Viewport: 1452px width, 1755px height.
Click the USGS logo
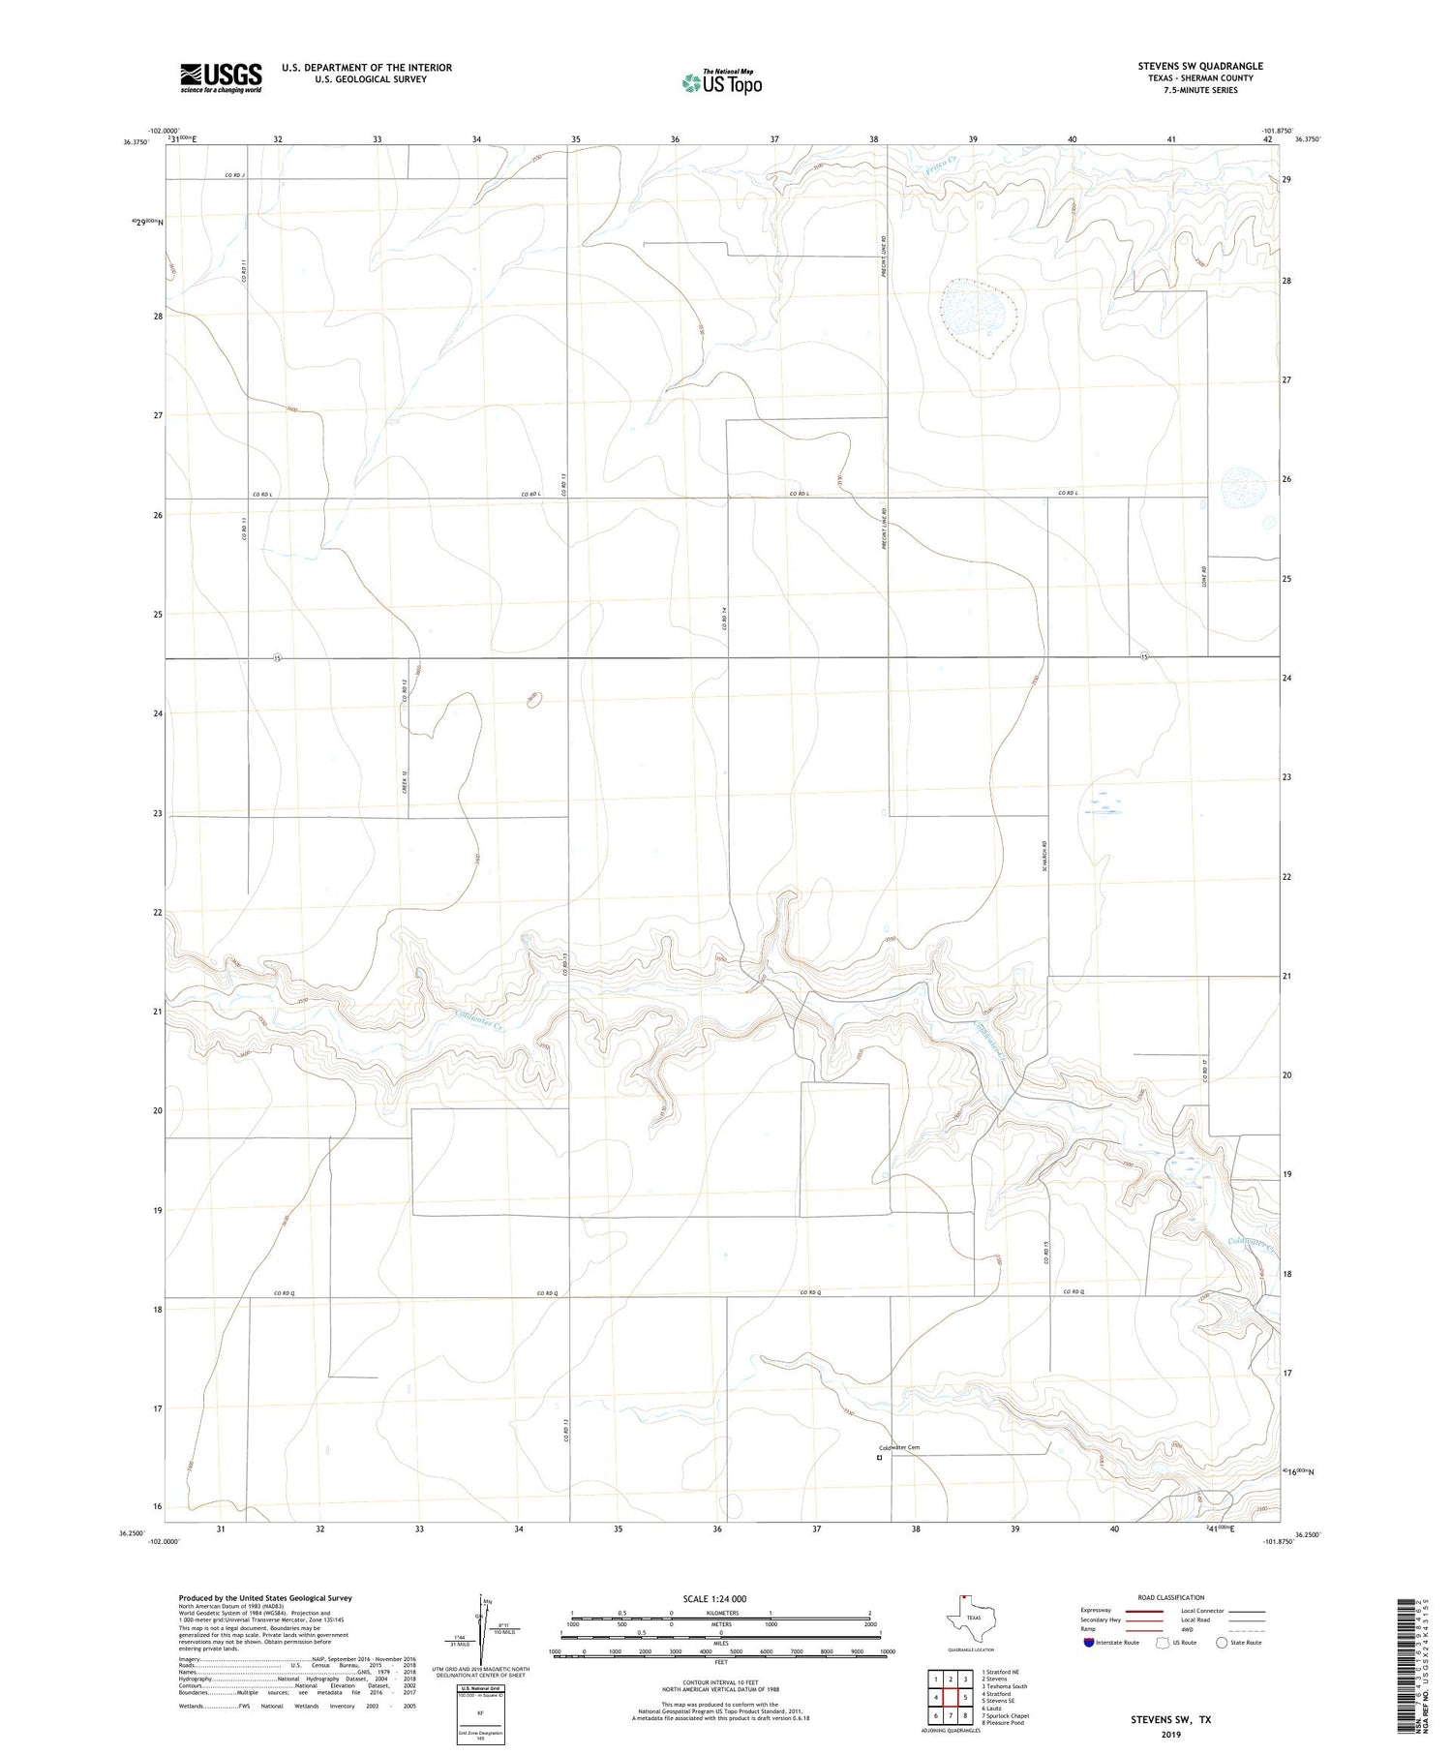click(221, 77)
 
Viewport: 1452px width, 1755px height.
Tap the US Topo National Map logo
click(721, 82)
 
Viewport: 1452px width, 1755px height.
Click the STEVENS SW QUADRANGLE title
click(1199, 66)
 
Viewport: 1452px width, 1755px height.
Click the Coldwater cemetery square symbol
click(879, 1457)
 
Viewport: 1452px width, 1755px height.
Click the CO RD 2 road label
click(235, 175)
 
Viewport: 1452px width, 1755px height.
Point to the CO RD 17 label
click(1204, 1072)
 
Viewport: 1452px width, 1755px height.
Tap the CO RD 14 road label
click(723, 620)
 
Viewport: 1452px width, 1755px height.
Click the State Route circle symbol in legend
click(1222, 1642)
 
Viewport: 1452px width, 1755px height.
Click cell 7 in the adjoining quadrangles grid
click(951, 1715)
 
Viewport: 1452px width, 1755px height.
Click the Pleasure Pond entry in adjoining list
click(1003, 1722)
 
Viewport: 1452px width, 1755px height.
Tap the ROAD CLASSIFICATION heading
click(1170, 1597)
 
